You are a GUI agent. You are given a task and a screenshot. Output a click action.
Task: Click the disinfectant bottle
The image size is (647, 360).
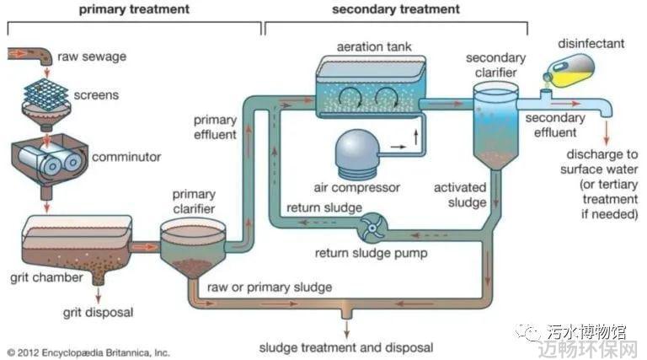pos(569,70)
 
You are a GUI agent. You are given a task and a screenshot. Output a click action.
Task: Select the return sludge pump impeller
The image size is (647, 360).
pos(372,228)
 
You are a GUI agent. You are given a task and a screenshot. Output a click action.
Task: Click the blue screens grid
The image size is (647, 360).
pos(45,94)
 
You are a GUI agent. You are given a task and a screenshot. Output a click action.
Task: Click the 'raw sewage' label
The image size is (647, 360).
pos(92,56)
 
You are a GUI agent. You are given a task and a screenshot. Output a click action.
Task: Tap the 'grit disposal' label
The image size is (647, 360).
pos(99,312)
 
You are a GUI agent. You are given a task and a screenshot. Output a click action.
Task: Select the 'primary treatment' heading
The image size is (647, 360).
pos(134,9)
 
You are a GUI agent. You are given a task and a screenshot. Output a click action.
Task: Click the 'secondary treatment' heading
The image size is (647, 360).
pos(396,9)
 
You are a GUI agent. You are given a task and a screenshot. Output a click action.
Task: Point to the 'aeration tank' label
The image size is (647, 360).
pos(374,46)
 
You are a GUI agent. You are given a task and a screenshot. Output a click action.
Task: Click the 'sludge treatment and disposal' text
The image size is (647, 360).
pos(346,347)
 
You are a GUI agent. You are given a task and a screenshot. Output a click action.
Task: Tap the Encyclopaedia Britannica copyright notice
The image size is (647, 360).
pos(88,353)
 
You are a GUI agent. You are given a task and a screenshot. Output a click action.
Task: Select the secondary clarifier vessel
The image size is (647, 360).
pos(495,125)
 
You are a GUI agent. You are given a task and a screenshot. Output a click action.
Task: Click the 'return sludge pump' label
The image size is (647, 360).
pos(371,253)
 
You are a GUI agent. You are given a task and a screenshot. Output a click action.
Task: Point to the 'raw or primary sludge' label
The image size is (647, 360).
pos(270,287)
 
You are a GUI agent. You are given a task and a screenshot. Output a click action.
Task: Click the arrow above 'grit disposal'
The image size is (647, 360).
pos(99,296)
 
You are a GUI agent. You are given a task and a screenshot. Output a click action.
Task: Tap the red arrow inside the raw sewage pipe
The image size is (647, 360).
pos(18,53)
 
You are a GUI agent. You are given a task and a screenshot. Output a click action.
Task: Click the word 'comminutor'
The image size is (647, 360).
pos(126,157)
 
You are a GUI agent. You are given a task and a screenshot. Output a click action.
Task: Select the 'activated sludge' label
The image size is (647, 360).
pos(460,195)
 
